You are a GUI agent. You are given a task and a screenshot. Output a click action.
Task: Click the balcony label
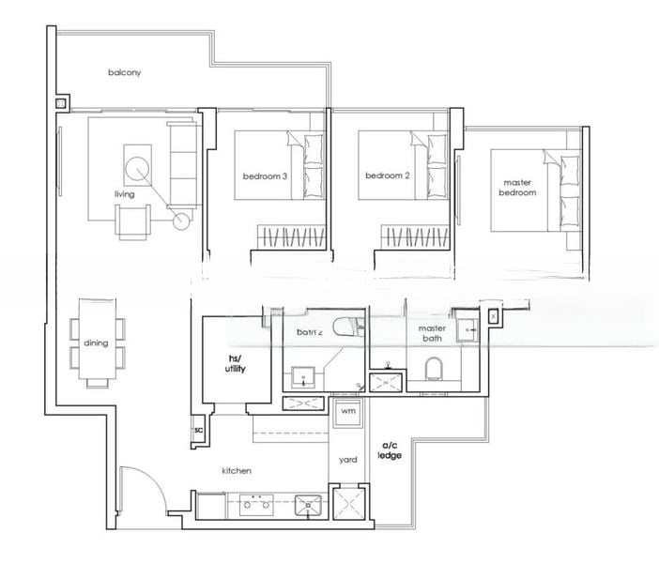(x=124, y=72)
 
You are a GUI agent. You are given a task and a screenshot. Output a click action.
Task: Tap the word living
(x=124, y=194)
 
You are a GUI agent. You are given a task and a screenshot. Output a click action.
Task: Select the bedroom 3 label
(x=265, y=175)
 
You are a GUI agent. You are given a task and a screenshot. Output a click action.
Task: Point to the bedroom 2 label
(x=389, y=175)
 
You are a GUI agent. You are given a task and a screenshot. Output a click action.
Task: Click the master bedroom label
(x=519, y=187)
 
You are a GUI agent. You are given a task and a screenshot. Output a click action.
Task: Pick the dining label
(x=96, y=343)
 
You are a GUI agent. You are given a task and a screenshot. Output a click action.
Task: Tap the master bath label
(x=433, y=333)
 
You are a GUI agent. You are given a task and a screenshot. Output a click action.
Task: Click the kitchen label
(x=236, y=471)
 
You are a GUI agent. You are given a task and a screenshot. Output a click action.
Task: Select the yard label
(x=347, y=460)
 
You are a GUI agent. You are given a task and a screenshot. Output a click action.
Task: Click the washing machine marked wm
(x=347, y=412)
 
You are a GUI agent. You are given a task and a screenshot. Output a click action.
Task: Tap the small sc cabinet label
(x=198, y=430)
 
